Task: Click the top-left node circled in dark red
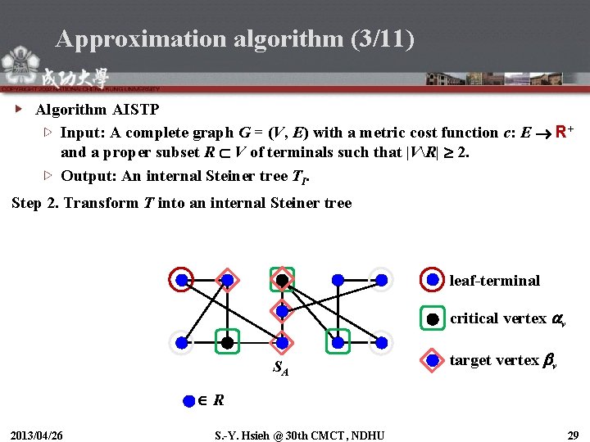[x=182, y=280]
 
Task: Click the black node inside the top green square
[x=282, y=280]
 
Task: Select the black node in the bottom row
[x=227, y=341]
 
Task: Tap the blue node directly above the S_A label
[x=282, y=341]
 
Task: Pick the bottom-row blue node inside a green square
[x=337, y=341]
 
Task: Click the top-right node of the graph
[x=380, y=280]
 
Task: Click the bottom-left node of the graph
[x=182, y=341]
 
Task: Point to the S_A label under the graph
[x=281, y=368]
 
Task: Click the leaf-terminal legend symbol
[x=433, y=280]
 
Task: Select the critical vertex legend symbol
[x=433, y=318]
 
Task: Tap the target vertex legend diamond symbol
[x=433, y=359]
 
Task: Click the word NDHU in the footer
[x=367, y=433]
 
